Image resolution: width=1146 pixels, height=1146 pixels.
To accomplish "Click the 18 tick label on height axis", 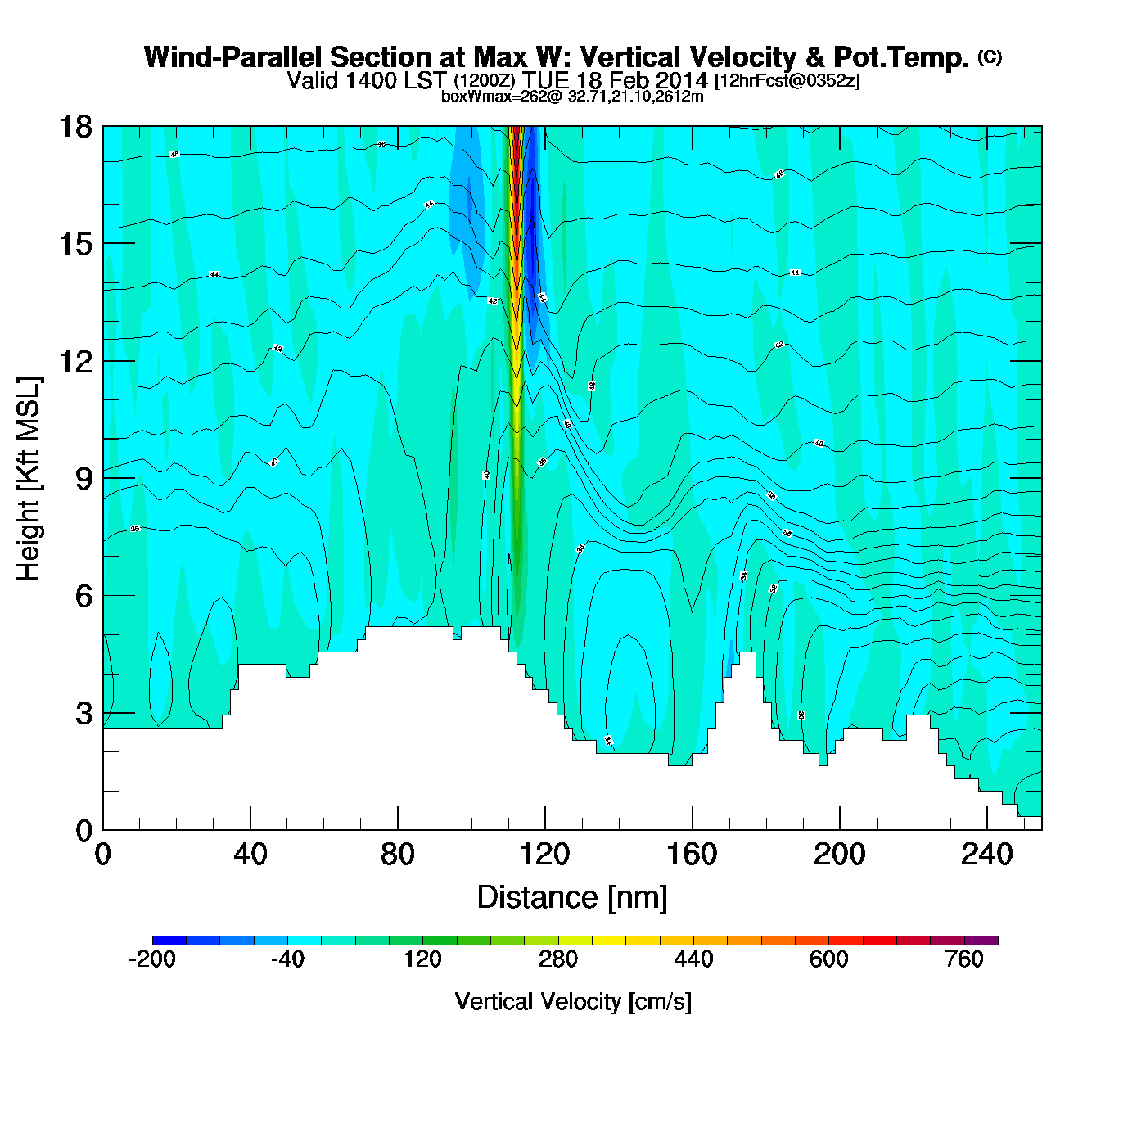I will click(74, 127).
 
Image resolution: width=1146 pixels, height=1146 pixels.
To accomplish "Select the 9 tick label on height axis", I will click(83, 479).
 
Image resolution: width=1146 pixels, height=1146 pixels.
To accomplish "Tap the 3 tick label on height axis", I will click(83, 714).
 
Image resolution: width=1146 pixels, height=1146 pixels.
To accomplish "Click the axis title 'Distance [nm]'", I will click(572, 898).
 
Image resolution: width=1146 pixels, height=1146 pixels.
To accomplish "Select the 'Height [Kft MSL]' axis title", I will click(29, 479).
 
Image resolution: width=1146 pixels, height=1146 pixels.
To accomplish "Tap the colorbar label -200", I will click(152, 959).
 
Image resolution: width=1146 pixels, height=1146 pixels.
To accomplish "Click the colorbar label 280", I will click(558, 959).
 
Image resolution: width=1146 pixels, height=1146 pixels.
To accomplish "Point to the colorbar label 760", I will click(964, 959).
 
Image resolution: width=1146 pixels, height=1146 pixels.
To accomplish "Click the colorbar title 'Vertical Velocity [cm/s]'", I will click(573, 1002).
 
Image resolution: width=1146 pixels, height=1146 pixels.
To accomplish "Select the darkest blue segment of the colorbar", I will click(169, 941).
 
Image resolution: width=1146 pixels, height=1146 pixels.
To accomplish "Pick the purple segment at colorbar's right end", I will click(981, 941).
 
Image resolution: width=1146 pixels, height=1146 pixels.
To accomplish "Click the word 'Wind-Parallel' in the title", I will click(233, 57).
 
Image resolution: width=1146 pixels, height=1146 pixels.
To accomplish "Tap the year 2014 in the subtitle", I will click(681, 81).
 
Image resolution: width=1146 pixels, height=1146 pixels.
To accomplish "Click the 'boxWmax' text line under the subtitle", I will click(572, 97).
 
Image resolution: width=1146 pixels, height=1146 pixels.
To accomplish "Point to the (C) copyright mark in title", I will click(990, 56).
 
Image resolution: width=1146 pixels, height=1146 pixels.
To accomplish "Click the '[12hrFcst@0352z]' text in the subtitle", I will click(787, 81).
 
